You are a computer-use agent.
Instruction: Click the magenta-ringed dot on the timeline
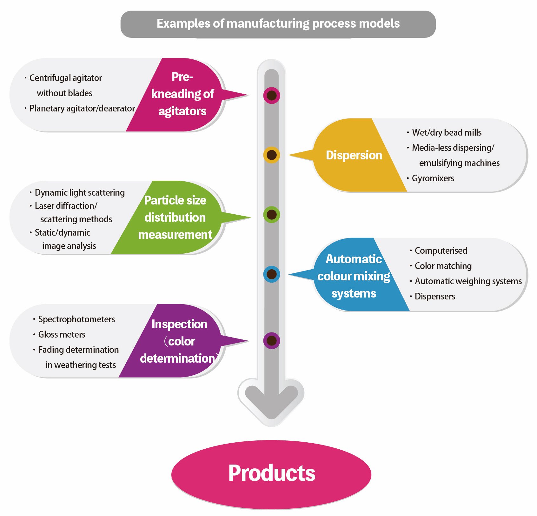click(271, 95)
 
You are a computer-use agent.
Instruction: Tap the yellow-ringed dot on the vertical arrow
click(271, 155)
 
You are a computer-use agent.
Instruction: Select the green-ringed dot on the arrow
click(271, 215)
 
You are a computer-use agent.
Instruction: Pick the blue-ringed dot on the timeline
click(271, 274)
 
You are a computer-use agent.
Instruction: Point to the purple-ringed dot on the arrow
click(271, 341)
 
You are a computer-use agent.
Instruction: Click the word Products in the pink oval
click(272, 473)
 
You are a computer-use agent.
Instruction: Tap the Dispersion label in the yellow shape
click(354, 155)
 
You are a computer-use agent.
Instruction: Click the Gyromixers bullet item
click(433, 178)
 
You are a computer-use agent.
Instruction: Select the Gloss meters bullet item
click(62, 334)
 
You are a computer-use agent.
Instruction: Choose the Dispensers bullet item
click(435, 296)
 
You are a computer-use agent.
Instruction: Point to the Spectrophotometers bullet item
click(76, 319)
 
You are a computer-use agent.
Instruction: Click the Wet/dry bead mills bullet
click(447, 132)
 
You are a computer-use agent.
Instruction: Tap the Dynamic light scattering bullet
click(80, 192)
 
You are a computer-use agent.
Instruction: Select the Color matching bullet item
click(443, 266)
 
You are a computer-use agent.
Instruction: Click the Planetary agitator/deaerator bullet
click(82, 108)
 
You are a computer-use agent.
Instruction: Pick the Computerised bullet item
click(441, 251)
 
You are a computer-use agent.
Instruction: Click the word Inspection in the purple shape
click(179, 324)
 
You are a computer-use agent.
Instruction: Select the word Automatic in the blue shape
click(354, 259)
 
